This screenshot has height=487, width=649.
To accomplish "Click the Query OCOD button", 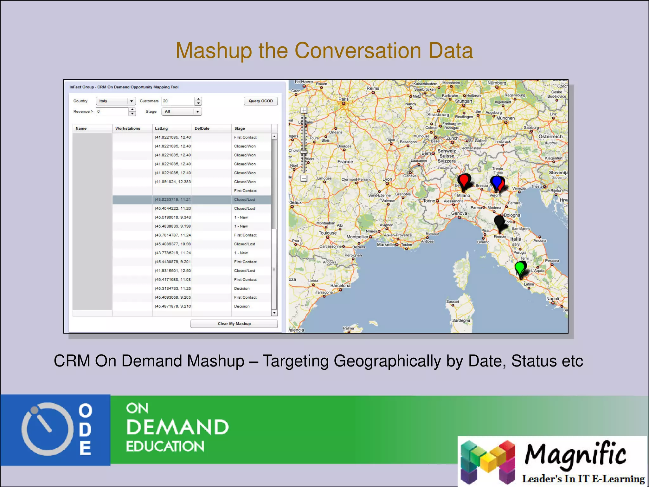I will [x=260, y=101].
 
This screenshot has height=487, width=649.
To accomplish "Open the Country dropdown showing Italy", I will [x=116, y=101].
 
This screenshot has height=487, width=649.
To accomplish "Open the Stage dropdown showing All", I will [x=181, y=112].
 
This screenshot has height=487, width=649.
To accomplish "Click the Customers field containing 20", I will [x=178, y=101].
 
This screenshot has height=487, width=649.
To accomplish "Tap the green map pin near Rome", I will [x=520, y=268].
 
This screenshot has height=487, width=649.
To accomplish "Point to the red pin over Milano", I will [x=464, y=181].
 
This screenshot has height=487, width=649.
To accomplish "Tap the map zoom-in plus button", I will [x=304, y=110].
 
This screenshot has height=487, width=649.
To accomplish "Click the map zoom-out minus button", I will [x=304, y=178].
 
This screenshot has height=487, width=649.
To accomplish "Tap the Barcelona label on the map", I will [x=340, y=285].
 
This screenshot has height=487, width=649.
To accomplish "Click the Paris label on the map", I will [x=343, y=99].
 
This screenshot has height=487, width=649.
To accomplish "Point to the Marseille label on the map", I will [x=386, y=244].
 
